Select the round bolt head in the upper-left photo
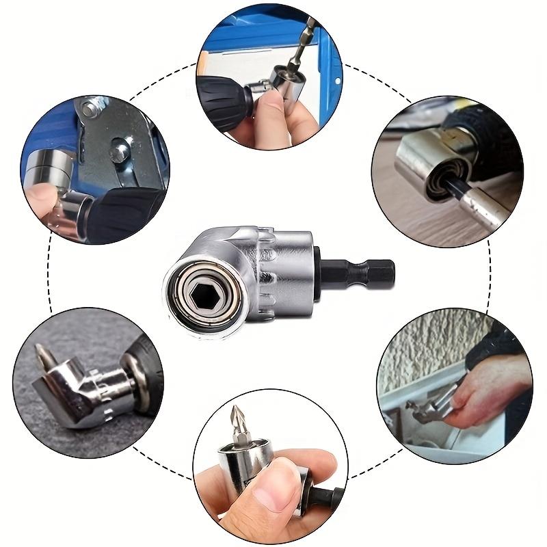point(121,144)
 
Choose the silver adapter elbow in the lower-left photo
point(75,390)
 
